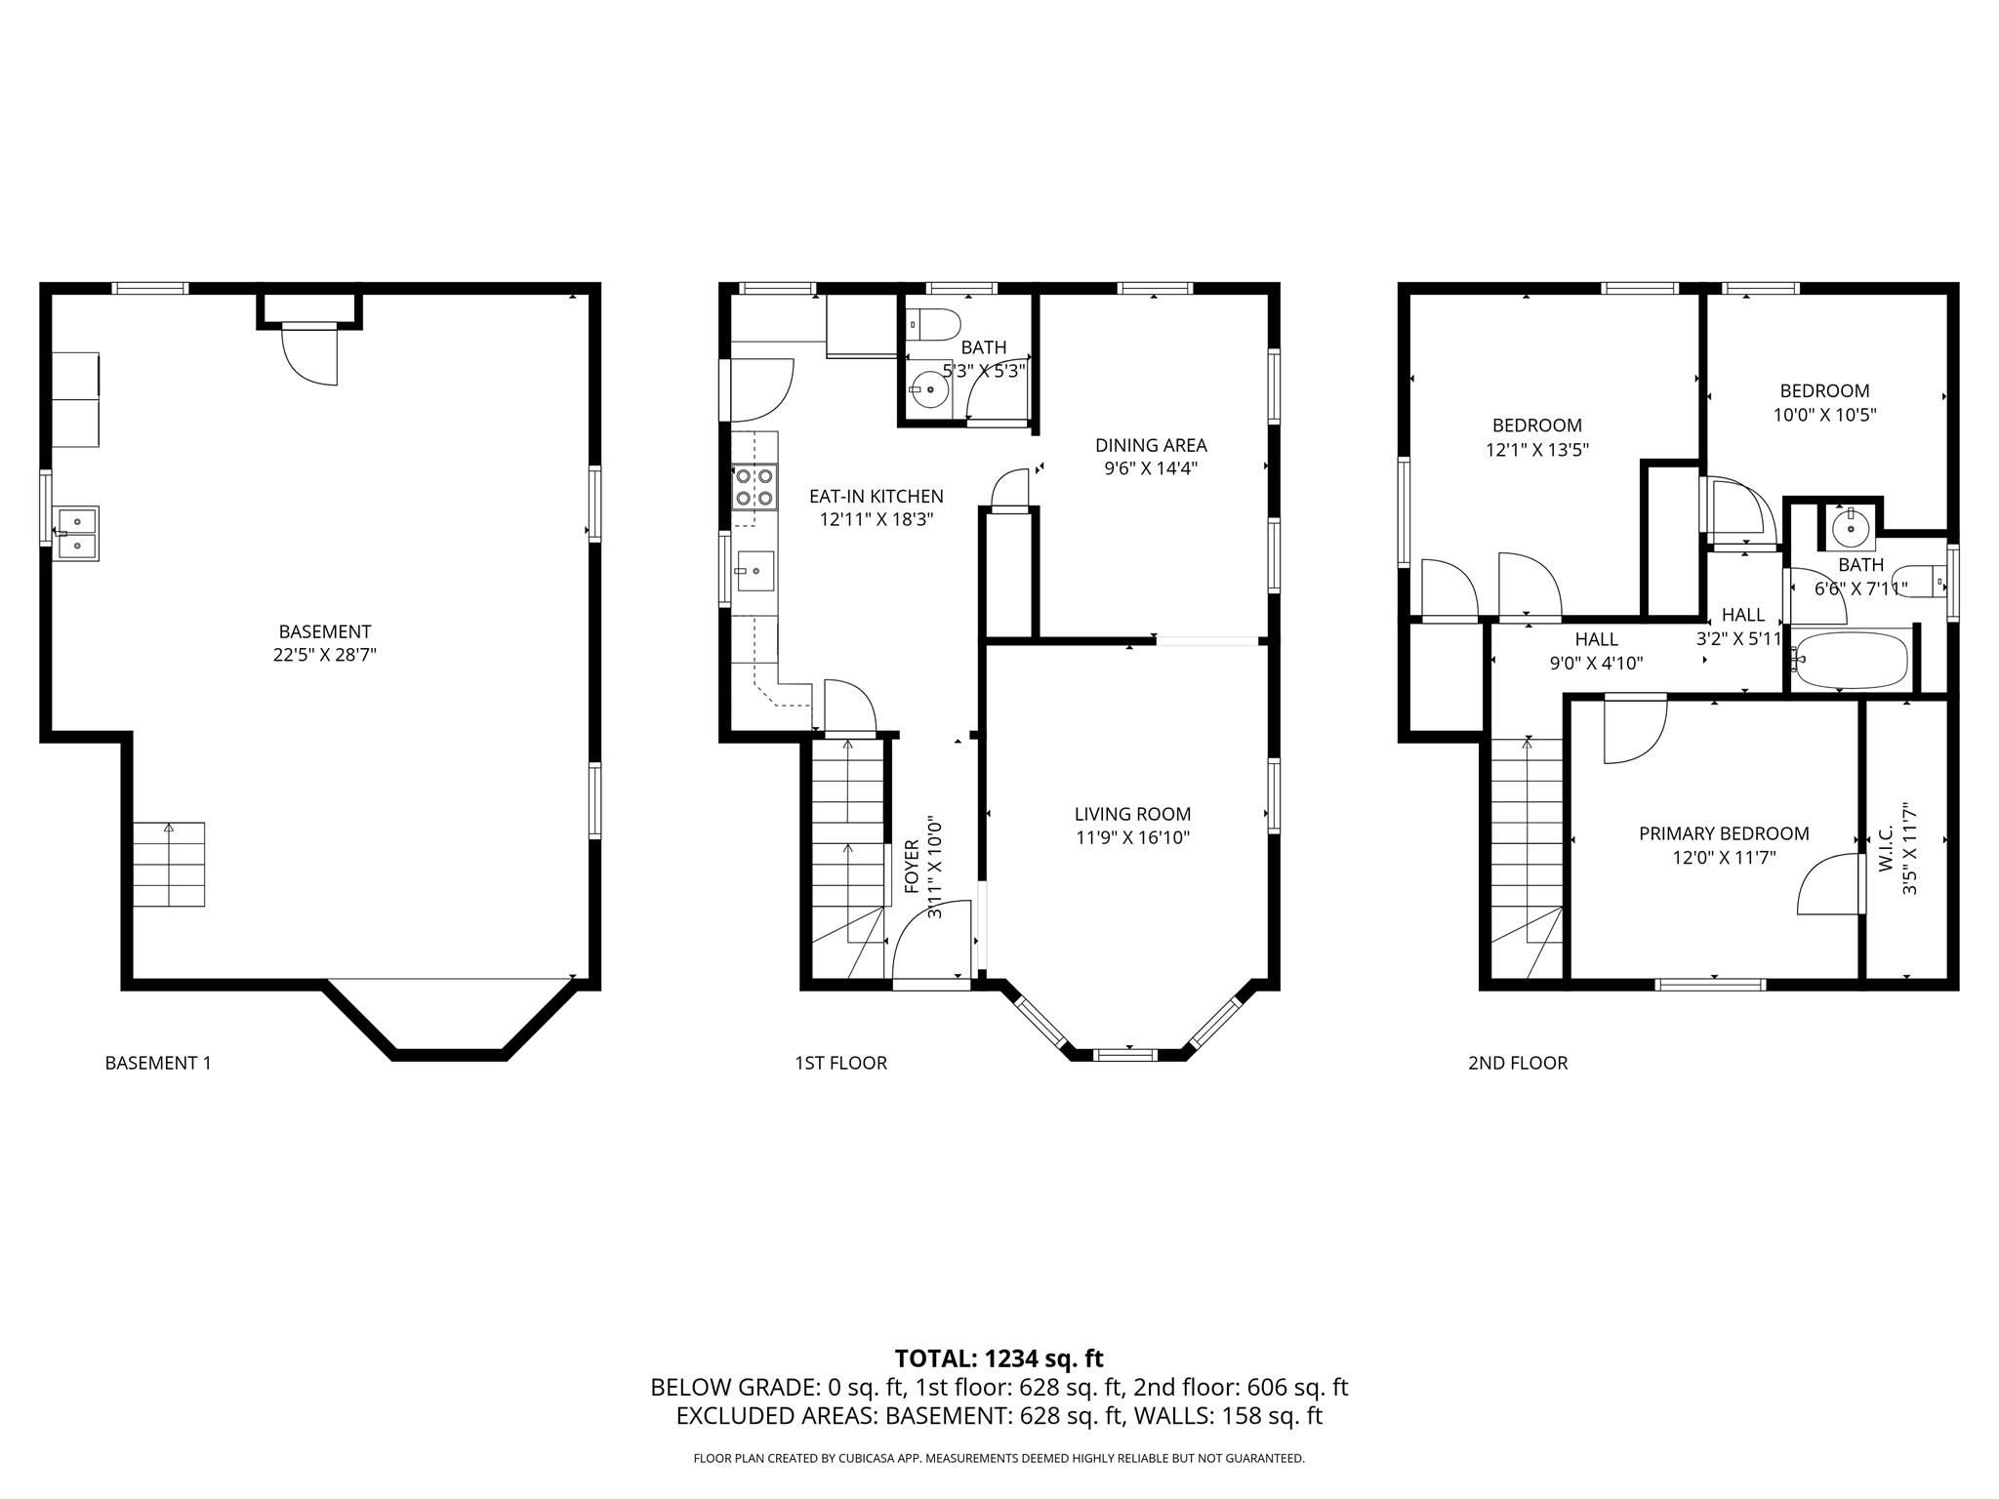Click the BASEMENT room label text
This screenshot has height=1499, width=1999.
coord(324,631)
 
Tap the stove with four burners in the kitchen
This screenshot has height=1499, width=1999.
coord(755,487)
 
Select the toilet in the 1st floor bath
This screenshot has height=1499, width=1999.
coord(932,324)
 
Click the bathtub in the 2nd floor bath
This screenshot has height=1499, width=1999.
coord(1851,660)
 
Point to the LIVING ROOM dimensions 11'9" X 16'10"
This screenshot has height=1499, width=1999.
coord(1132,837)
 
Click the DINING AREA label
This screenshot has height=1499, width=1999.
coord(1151,445)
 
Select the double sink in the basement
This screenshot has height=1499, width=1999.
coord(75,533)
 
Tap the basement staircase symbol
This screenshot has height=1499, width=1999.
coord(169,864)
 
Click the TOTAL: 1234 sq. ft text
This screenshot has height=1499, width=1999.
coord(999,1358)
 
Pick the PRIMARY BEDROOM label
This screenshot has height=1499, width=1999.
coord(1723,833)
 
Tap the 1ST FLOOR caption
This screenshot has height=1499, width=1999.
coord(840,1063)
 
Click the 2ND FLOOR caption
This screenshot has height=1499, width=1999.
coord(1517,1063)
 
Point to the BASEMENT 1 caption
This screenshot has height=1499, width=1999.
coord(158,1063)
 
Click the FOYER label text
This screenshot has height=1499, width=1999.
coord(912,866)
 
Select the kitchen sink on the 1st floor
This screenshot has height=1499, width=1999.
coord(755,571)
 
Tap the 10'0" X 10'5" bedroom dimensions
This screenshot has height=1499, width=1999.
coord(1824,415)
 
